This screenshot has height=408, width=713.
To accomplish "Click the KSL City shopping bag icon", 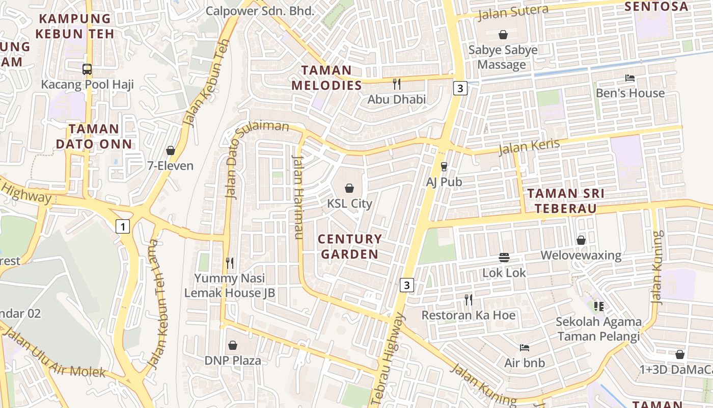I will pos(349,188).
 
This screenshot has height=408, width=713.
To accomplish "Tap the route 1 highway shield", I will pos(122,226).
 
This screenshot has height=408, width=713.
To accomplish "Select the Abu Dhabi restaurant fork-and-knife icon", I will pos(397,84).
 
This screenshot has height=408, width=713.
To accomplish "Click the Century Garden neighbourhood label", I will pos(349,246).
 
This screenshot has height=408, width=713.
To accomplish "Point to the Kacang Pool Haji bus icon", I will pos(87,69).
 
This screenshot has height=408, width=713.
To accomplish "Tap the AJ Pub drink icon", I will pos(444,166).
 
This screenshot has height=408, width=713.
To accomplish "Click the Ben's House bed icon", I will pos(630,78).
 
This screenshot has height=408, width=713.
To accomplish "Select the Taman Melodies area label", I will pos(326,78).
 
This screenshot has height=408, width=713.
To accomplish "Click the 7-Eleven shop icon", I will pos(170,150).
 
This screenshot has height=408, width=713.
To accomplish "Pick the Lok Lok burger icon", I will pos(504,258).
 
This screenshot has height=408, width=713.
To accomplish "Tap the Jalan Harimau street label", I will pos(298,196).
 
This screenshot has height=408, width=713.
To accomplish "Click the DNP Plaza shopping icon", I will pos(233,345).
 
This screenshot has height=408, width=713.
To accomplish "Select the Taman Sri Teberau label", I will pos(565,201).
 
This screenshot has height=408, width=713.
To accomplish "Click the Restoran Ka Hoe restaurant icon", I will pos(469,300).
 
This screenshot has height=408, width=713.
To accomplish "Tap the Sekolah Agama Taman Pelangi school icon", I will pos(598,306).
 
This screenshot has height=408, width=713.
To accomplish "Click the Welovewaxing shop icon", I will pos(581,240).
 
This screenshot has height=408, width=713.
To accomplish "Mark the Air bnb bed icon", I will pos(525,348).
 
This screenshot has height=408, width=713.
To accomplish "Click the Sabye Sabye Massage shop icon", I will pos(503,35).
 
